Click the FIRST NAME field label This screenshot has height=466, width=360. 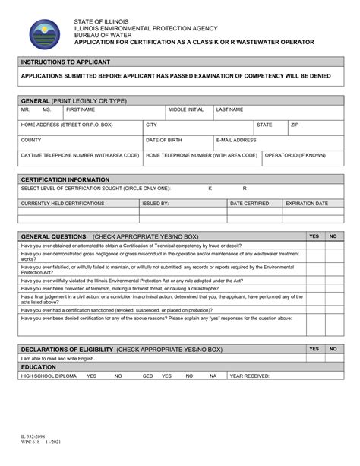coord(81,110)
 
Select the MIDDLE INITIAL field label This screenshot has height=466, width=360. coord(185,110)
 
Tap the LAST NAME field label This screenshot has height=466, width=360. coord(229,110)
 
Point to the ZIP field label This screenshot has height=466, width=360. coord(295,125)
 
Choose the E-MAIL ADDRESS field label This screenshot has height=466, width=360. coord(235,140)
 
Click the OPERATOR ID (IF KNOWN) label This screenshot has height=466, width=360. coord(295,155)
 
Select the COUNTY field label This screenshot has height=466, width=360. coord(31,140)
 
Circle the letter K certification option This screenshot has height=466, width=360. coord(210,189)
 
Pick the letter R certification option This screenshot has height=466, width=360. coord(245,189)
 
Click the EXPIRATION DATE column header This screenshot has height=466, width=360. coord(306,204)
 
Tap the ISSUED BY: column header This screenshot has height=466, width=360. coord(156,204)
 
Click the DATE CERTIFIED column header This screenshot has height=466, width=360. coord(249,204)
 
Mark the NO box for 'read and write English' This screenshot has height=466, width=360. coord(333,358)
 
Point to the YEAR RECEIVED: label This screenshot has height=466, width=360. coord(250,376)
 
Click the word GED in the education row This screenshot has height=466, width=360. coord(148,376)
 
